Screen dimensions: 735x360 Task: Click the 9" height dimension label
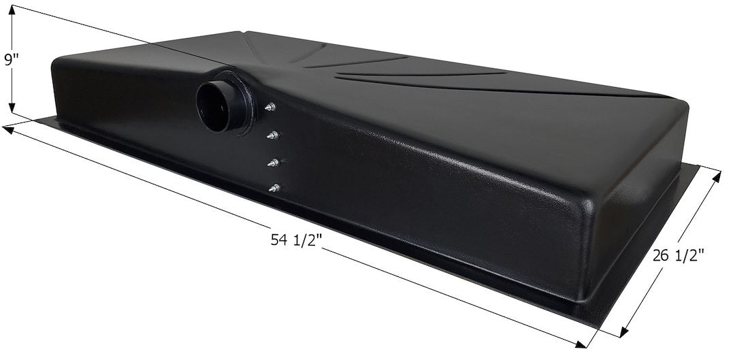12,60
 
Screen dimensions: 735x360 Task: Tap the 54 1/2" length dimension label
296,240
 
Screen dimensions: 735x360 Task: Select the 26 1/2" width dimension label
678,256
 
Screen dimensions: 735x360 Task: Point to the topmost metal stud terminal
270,108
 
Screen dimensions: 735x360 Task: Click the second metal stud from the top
272,135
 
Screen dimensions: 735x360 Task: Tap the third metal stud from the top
274,163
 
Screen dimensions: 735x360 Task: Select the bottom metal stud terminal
274,188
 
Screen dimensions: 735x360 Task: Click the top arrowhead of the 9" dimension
12,10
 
